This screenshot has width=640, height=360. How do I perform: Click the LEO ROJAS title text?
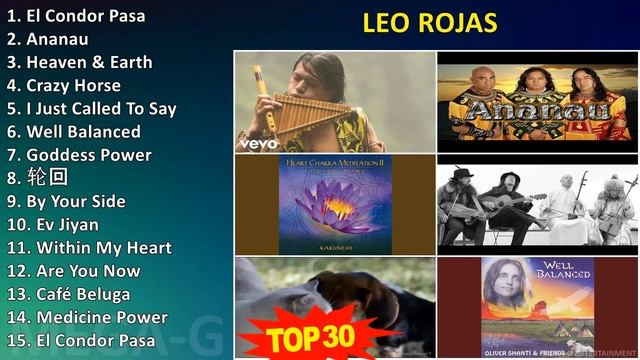pos(429,23)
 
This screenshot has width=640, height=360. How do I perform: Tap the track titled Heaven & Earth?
pos(79,62)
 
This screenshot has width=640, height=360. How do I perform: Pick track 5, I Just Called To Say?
pos(91,108)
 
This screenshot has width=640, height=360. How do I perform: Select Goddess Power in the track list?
pos(79,155)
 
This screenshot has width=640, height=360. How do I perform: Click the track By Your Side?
pos(66,201)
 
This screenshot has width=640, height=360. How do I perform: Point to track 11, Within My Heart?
pos(89,247)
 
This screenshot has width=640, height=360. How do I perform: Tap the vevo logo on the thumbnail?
pos(257,143)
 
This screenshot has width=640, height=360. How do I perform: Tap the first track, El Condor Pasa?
pos(75,16)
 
